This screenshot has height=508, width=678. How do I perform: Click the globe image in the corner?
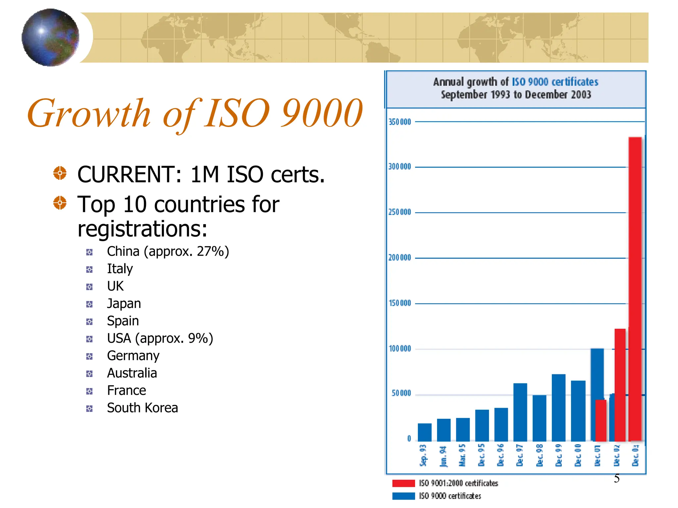point(50,37)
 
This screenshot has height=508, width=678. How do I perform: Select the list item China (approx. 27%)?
point(168,252)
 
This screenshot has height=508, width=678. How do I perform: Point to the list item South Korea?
point(142,408)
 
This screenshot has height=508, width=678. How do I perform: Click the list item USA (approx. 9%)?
point(160,338)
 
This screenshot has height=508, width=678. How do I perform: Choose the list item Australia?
point(132,373)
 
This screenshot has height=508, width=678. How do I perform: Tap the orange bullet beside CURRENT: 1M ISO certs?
point(60,173)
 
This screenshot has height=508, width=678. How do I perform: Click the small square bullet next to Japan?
point(89,304)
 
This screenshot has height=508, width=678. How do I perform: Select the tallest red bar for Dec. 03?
point(635,288)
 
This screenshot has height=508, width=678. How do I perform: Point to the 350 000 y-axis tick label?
point(400,122)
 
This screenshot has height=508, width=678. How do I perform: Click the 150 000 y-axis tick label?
point(400,303)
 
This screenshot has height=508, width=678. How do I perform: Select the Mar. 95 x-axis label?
point(462,455)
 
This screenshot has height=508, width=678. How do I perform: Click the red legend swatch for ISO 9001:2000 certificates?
point(403,483)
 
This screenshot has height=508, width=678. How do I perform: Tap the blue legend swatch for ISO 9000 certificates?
point(403,496)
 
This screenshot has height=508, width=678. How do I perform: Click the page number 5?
point(616,479)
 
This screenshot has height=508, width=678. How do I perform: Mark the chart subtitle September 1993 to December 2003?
point(516,95)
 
